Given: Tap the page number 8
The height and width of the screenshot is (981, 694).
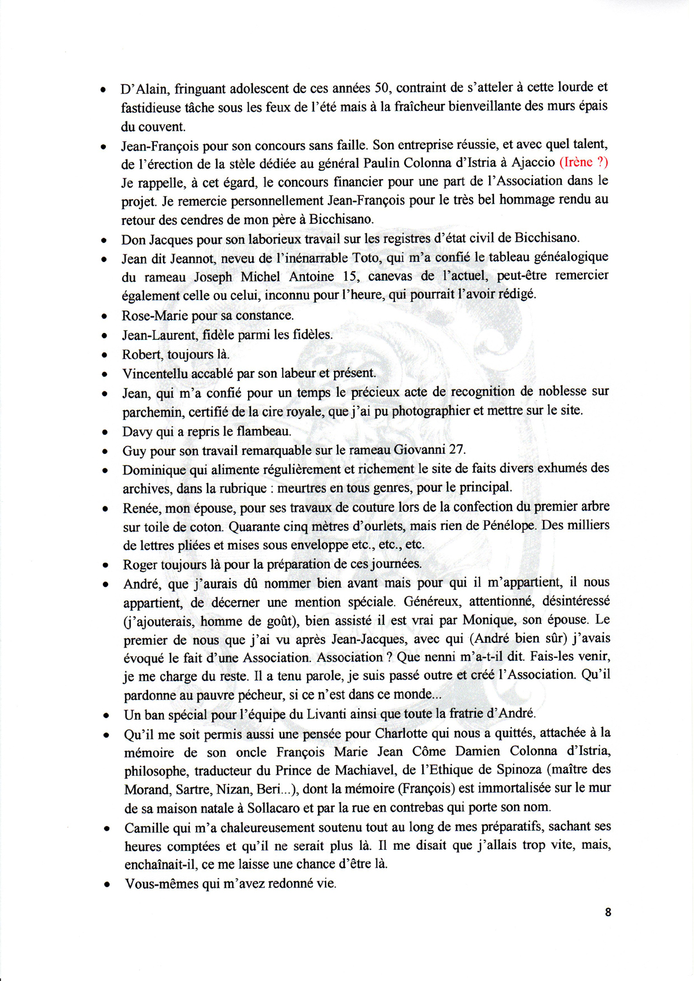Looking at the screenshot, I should pyautogui.click(x=608, y=912).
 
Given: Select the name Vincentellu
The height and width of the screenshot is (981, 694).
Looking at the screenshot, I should pyautogui.click(x=154, y=373).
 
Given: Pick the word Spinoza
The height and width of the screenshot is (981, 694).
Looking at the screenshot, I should pyautogui.click(x=512, y=769).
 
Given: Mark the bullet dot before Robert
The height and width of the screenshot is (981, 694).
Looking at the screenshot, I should pyautogui.click(x=104, y=355).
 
